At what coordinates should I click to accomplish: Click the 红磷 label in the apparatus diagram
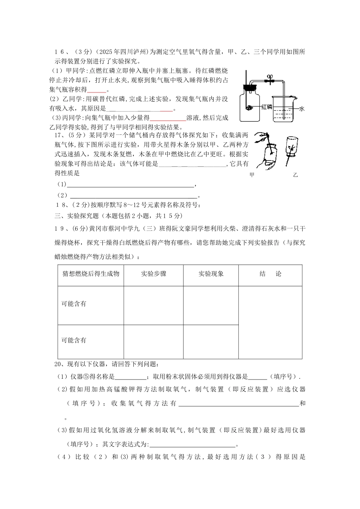[x=267, y=107]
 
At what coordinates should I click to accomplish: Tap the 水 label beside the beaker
[x=302, y=108]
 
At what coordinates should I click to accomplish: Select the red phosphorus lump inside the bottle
[x=249, y=108]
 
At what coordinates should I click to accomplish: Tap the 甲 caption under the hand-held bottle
[x=252, y=175]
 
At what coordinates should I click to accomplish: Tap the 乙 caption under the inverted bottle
[x=296, y=175]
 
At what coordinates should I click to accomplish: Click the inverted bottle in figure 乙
[x=292, y=146]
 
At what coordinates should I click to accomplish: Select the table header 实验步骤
[x=153, y=274]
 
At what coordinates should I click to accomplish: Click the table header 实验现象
[x=211, y=274]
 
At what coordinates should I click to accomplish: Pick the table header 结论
[x=270, y=274]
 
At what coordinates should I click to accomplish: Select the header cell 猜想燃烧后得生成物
[x=91, y=273]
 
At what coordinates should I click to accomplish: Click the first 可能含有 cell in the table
[x=74, y=304]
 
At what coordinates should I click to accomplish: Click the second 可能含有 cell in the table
[x=74, y=340]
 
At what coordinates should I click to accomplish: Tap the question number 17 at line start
[x=59, y=135]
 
